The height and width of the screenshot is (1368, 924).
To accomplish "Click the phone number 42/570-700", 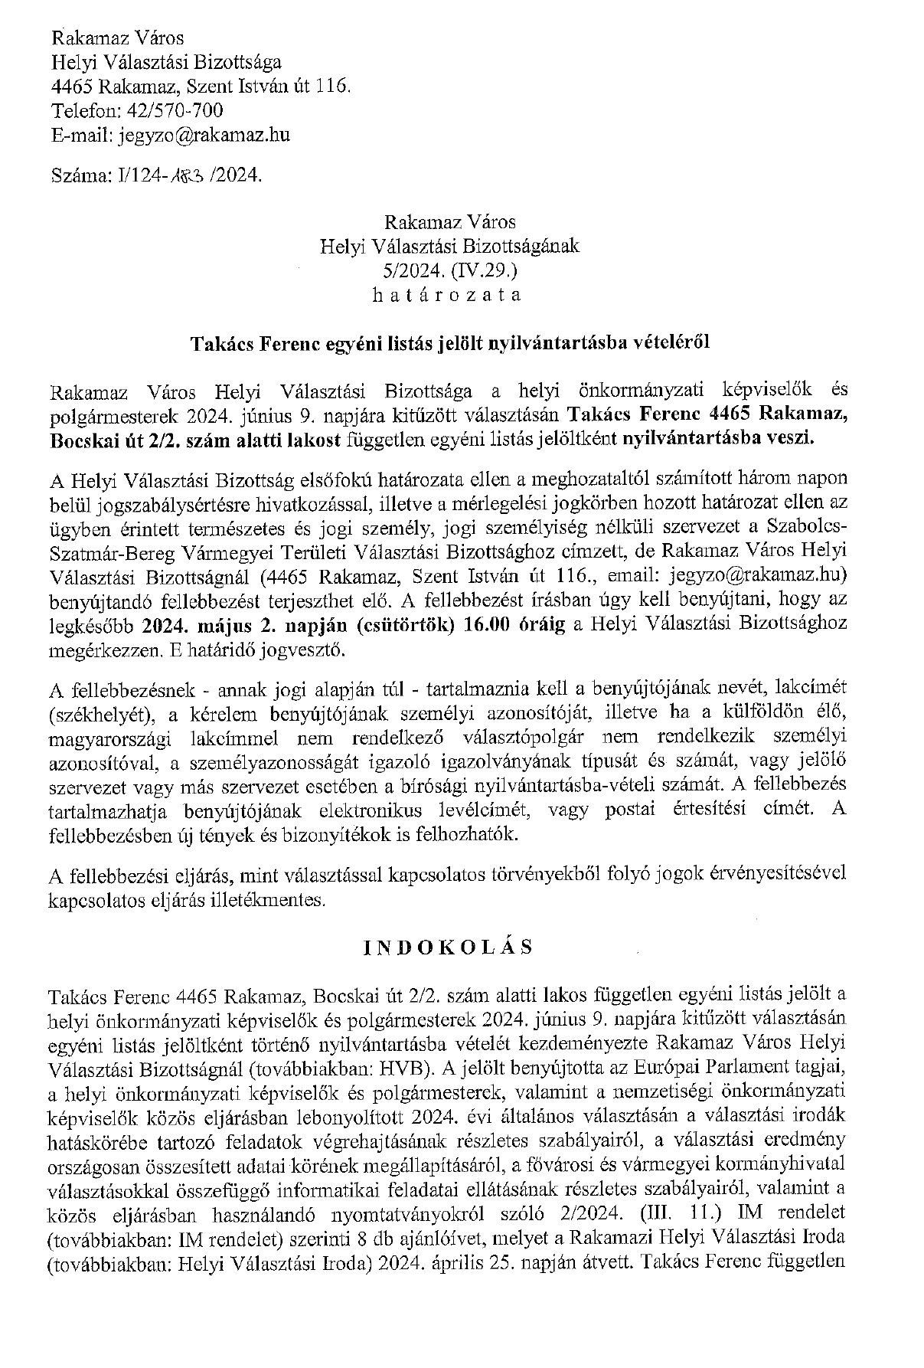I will pyautogui.click(x=175, y=111).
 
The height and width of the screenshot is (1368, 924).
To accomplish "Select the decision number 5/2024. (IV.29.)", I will pyautogui.click(x=449, y=270).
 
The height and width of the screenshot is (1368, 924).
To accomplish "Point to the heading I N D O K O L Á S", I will pyautogui.click(x=448, y=947).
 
